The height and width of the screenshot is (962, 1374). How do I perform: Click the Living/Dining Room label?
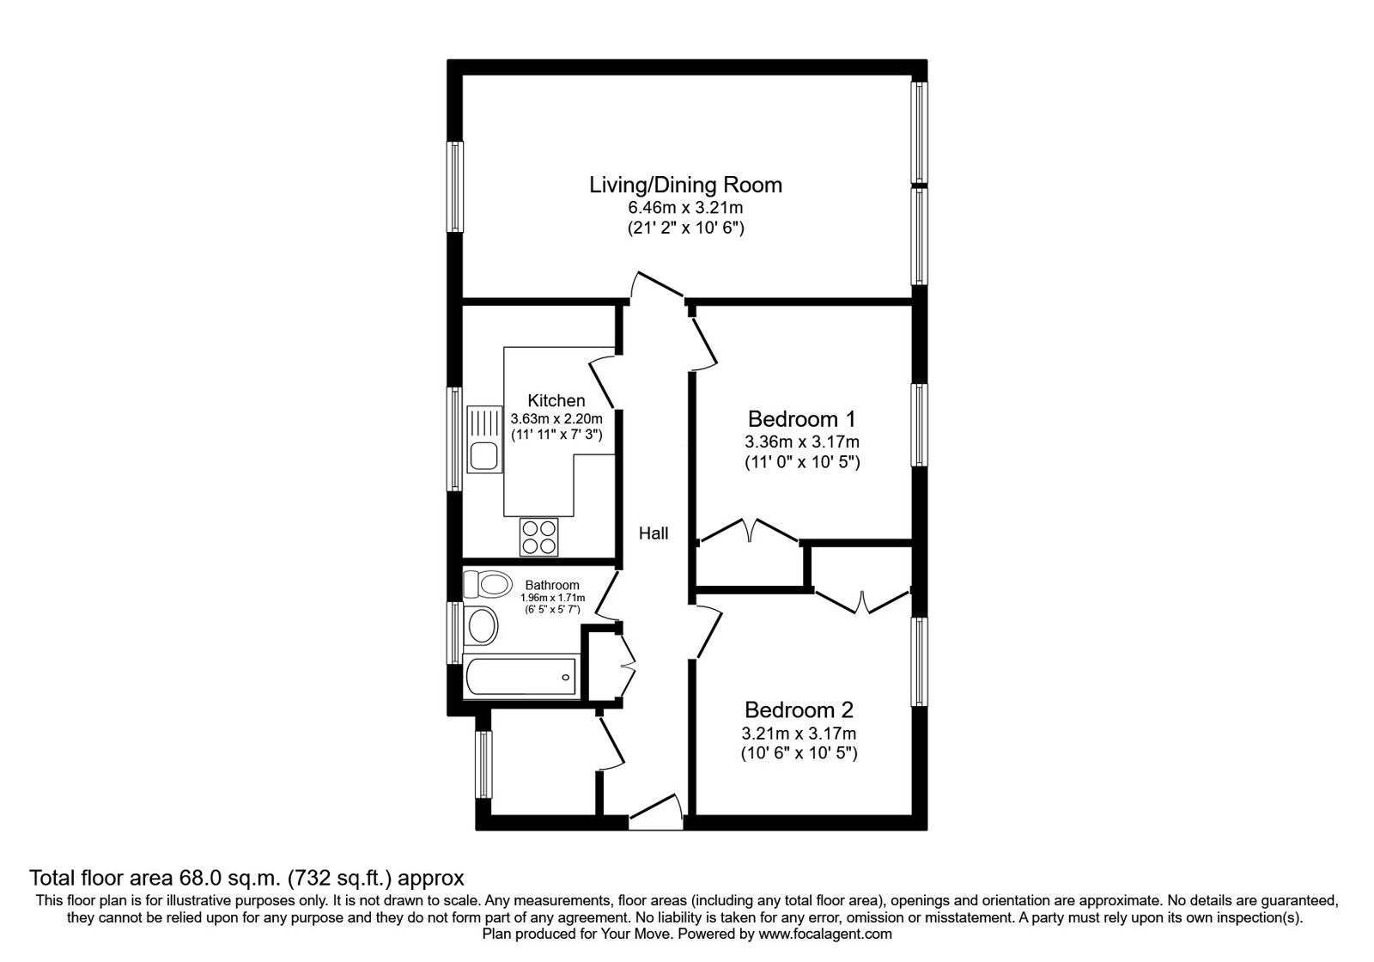click(x=685, y=185)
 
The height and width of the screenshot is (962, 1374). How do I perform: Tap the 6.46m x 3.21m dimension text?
click(x=685, y=208)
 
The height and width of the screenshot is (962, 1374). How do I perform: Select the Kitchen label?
click(x=556, y=400)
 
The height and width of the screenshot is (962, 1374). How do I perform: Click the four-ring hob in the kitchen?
click(x=539, y=537)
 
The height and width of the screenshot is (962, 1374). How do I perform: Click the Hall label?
click(x=654, y=533)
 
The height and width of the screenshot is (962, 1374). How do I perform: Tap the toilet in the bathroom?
click(x=487, y=585)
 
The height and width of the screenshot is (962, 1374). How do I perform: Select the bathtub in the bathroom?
click(x=520, y=676)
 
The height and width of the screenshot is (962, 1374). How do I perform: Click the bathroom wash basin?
click(x=480, y=625)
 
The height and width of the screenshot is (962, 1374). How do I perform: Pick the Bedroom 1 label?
click(x=801, y=419)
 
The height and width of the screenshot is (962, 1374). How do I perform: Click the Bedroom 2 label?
click(x=799, y=710)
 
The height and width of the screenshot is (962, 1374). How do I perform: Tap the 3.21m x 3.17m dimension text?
click(x=799, y=734)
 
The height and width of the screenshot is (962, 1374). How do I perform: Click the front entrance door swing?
click(x=657, y=812)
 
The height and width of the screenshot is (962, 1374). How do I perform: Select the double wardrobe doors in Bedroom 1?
click(x=750, y=529)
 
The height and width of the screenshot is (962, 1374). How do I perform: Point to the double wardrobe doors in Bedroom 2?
click(x=862, y=600)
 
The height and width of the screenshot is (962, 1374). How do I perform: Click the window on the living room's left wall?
click(x=455, y=186)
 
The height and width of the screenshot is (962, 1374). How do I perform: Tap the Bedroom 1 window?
click(x=920, y=424)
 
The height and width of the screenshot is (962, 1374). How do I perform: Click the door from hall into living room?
click(x=657, y=286)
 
